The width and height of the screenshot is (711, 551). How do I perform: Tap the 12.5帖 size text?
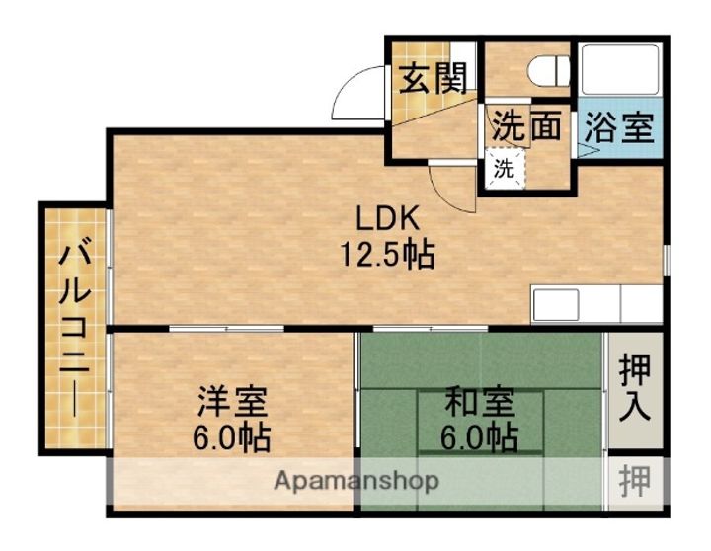(386, 256)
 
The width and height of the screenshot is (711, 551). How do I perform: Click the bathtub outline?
(620, 70)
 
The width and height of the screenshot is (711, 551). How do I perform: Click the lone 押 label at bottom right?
(635, 482)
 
